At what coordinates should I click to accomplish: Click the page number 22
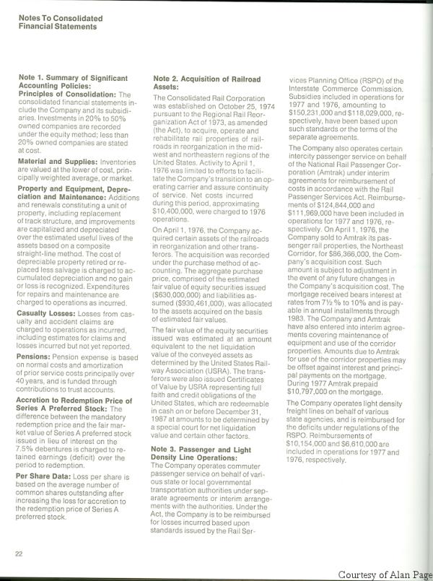[x=19, y=554]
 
